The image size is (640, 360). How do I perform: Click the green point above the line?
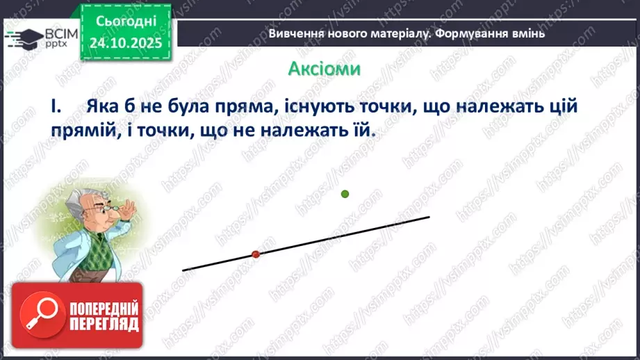click(345, 194)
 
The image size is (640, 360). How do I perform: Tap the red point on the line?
click(256, 254)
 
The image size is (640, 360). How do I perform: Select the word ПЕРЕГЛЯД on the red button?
click(103, 325)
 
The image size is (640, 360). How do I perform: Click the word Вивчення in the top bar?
click(295, 33)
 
